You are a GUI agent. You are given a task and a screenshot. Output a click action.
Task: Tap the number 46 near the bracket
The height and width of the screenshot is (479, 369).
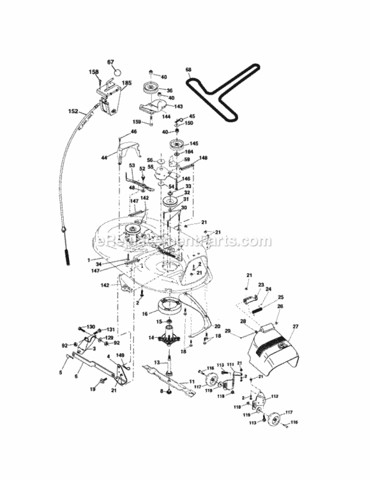pyautogui.click(x=133, y=132)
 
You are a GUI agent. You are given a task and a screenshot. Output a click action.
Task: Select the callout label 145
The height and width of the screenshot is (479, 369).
pyautogui.click(x=194, y=144)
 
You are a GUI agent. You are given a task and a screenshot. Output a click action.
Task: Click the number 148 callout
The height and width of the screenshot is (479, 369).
pyautogui.click(x=204, y=158)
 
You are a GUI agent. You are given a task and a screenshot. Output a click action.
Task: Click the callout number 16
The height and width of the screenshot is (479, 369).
pyautogui.click(x=145, y=314)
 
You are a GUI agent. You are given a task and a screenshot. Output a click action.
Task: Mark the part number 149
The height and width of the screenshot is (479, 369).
pyautogui.click(x=120, y=357)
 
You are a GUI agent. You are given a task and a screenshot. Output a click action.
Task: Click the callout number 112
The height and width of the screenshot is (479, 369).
pyautogui.click(x=275, y=397)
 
